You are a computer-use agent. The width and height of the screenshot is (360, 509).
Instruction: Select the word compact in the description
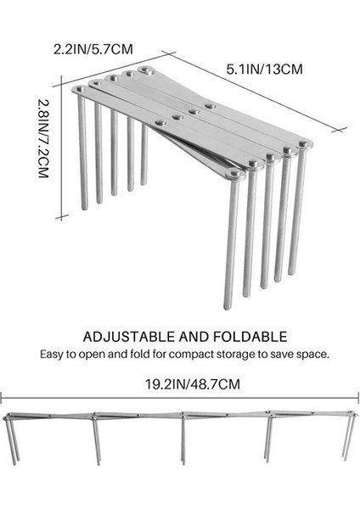point(188,353)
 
